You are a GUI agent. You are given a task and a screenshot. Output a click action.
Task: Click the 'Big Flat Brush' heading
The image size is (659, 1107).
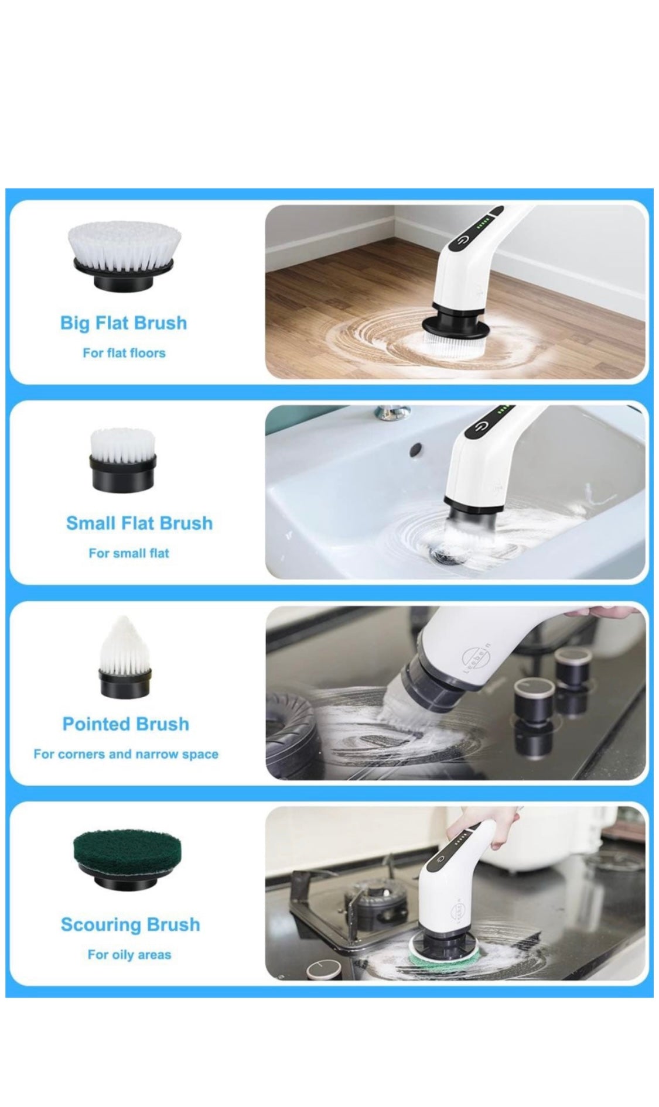point(124,323)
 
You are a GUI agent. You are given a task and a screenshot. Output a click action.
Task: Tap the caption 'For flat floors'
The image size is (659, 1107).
point(124,353)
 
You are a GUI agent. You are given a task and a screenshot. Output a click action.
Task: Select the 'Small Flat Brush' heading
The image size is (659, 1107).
point(139,523)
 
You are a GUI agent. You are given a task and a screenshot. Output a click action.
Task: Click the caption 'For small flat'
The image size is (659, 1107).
point(129,553)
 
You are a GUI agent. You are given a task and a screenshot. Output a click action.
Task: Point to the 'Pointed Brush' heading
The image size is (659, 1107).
point(126,724)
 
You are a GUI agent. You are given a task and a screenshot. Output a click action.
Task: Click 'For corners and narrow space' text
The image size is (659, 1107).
point(126,754)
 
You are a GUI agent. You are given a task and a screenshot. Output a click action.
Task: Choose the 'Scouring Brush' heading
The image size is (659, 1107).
point(131,924)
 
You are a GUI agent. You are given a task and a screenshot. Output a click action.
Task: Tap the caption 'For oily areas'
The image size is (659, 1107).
point(129,955)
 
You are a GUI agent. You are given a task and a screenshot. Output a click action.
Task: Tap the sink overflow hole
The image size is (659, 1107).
point(416,448)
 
